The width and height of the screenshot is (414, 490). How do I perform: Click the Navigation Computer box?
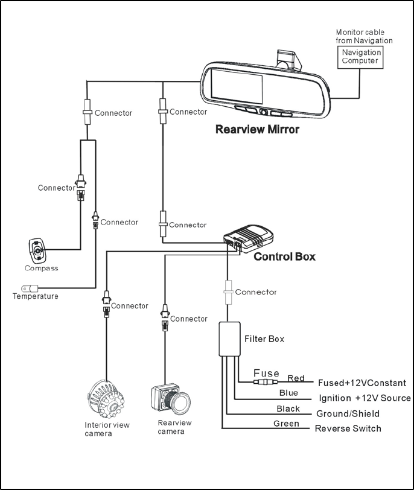click(x=361, y=57)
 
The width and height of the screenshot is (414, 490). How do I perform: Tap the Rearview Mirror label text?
click(x=256, y=129)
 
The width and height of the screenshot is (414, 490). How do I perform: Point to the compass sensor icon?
click(x=38, y=250)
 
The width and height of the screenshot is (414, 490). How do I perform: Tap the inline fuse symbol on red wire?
click(x=266, y=382)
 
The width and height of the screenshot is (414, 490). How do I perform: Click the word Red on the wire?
click(x=296, y=378)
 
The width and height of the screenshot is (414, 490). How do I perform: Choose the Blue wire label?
click(x=288, y=393)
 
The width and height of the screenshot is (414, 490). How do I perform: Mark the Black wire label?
click(x=288, y=409)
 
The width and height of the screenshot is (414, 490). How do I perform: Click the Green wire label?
click(x=286, y=424)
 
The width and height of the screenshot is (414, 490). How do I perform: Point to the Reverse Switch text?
click(x=348, y=428)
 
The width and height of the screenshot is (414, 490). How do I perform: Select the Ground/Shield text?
click(x=348, y=414)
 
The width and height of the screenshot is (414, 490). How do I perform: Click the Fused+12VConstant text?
click(x=361, y=383)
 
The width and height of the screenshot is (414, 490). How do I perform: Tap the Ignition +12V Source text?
click(x=365, y=398)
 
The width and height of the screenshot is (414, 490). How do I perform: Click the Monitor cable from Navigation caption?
click(x=364, y=36)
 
